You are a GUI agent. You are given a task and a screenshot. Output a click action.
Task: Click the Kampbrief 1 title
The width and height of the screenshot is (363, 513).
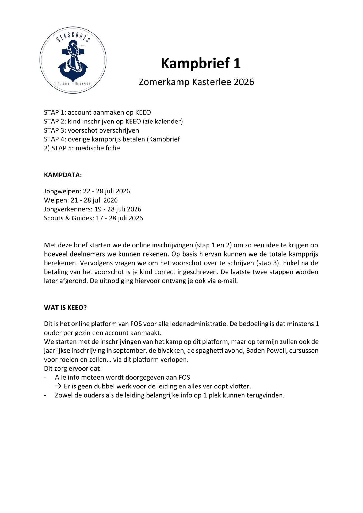tap(201, 63)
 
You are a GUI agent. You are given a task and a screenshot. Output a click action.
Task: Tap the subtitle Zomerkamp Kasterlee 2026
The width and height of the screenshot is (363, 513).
tap(196, 82)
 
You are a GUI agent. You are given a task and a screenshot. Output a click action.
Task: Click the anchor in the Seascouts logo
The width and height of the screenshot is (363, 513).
tap(73, 63)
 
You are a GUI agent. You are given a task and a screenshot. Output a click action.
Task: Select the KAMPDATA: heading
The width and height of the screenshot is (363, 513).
tap(63, 175)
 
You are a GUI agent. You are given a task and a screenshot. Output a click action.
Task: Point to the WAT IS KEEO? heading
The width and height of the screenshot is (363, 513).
tap(65, 308)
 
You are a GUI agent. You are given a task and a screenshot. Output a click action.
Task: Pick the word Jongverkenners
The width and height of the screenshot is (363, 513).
tap(68, 209)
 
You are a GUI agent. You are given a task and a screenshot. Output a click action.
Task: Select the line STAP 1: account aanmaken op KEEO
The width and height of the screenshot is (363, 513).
tap(97, 112)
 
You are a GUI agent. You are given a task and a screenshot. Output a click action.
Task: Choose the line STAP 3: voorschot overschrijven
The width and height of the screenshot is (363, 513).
tap(91, 130)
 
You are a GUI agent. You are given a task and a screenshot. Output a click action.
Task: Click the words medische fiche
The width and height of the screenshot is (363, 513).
tap(98, 148)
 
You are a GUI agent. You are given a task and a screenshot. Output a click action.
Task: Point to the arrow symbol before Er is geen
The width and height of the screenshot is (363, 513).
tap(58, 386)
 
